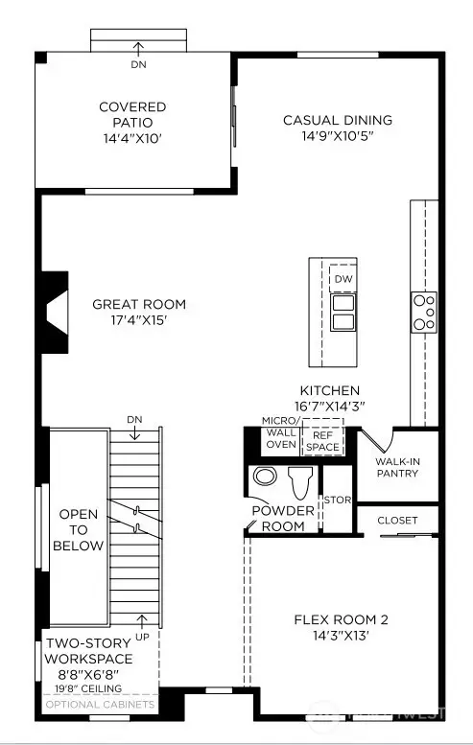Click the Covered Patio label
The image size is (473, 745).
[x=132, y=107]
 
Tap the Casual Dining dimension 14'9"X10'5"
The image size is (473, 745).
[x=337, y=137]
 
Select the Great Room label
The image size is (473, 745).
[x=139, y=305]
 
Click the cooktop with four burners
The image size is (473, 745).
[x=423, y=313]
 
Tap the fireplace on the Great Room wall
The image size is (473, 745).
[x=54, y=313]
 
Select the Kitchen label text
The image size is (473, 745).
[x=329, y=390]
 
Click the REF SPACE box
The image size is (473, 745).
[x=321, y=441]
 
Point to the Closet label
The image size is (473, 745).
[x=398, y=521]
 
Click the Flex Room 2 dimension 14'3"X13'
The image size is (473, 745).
[x=341, y=636]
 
